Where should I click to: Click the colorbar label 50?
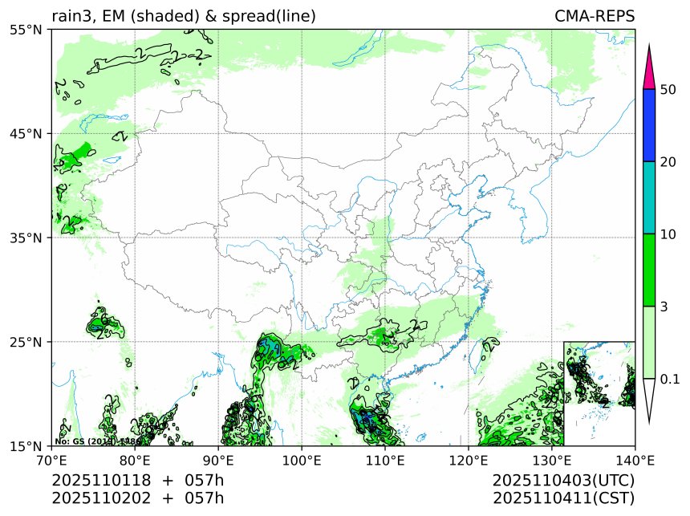(x=668, y=89)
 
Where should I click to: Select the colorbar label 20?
(x=668, y=161)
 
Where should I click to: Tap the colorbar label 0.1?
(x=670, y=378)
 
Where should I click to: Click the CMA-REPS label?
(x=595, y=16)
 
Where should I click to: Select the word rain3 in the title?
(x=71, y=16)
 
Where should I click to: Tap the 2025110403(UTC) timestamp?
(x=564, y=480)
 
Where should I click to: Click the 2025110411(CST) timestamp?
(x=564, y=498)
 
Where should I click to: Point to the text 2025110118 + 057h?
(x=137, y=480)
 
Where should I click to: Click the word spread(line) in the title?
(x=269, y=16)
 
